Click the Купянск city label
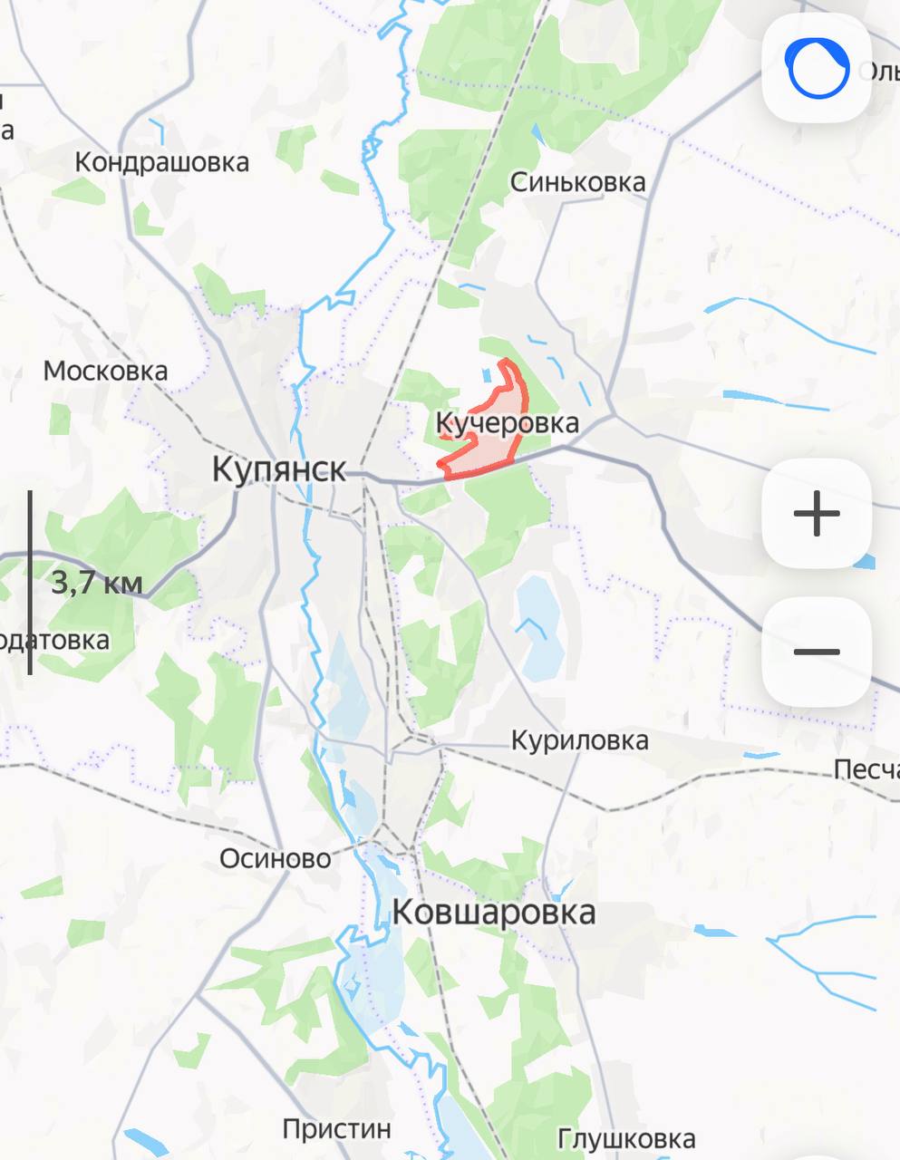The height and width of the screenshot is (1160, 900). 279,469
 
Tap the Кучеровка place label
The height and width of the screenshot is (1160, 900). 507,423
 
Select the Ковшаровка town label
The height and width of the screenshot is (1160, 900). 494,912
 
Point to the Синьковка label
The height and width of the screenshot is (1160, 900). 577,182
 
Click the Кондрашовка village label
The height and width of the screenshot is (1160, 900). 161,162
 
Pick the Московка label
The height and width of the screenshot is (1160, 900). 105,371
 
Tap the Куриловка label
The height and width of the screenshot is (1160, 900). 579,740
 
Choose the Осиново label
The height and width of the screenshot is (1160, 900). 276,858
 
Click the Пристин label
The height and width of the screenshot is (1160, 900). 336,1129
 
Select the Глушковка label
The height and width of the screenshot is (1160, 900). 626,1138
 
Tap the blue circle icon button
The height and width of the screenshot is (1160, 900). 817,68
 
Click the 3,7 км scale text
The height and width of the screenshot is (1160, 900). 96,582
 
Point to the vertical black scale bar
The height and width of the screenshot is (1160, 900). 30,583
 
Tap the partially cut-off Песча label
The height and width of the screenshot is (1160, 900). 866,770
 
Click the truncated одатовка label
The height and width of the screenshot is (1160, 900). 54,640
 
